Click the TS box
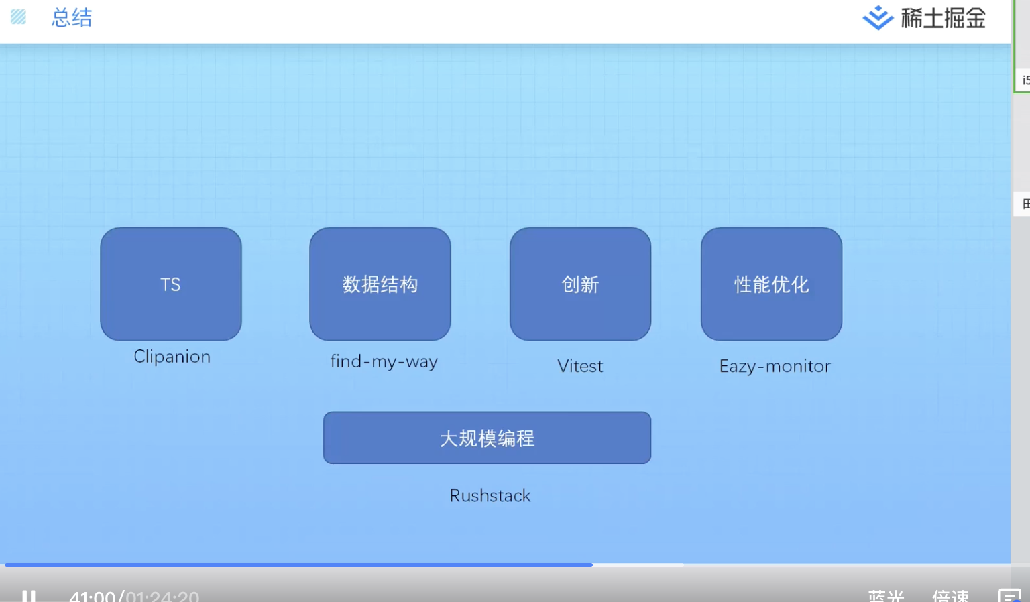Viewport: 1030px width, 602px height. [x=171, y=284]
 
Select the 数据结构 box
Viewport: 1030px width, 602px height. [x=380, y=284]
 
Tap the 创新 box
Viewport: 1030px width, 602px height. [x=580, y=284]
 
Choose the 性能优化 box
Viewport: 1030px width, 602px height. [x=771, y=284]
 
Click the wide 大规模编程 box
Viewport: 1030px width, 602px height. [x=487, y=438]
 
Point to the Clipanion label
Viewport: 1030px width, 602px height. [x=172, y=357]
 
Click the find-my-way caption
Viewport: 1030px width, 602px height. [x=384, y=362]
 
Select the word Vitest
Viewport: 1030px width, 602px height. [x=580, y=366]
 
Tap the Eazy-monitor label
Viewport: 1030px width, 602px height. [x=775, y=366]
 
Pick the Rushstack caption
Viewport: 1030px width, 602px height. [x=490, y=496]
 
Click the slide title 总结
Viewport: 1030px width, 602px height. [x=72, y=18]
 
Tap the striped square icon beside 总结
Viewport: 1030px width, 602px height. [x=19, y=17]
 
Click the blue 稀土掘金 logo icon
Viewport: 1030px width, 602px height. [x=877, y=19]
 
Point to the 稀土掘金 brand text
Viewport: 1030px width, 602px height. [x=943, y=19]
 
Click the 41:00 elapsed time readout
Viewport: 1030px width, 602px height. [x=93, y=596]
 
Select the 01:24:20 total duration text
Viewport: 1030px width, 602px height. [x=162, y=596]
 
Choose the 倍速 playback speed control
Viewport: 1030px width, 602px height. [x=950, y=596]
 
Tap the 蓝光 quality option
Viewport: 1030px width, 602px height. [x=886, y=596]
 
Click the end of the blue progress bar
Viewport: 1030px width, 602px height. [x=591, y=565]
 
